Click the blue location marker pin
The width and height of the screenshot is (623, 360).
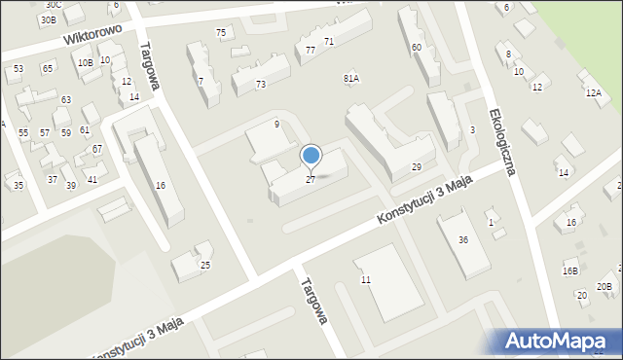(x=311, y=156)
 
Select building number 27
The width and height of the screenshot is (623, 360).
(x=311, y=180)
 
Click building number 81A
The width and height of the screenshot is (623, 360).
(x=351, y=78)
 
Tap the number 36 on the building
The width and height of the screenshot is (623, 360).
(x=464, y=240)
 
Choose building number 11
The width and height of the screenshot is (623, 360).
(x=365, y=280)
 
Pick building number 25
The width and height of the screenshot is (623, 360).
(x=205, y=265)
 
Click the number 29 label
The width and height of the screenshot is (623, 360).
(x=416, y=167)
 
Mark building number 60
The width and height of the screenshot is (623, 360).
(x=417, y=47)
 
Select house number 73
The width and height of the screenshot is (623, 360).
(x=260, y=85)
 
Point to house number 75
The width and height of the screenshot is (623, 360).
(x=221, y=33)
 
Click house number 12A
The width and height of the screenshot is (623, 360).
(x=593, y=92)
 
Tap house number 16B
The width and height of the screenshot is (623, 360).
(x=570, y=271)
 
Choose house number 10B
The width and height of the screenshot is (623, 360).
(x=86, y=63)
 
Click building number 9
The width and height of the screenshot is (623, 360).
(x=276, y=124)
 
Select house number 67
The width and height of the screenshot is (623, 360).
(x=97, y=148)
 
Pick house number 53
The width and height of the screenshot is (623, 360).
(x=18, y=69)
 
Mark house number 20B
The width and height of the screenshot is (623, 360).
(x=605, y=286)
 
